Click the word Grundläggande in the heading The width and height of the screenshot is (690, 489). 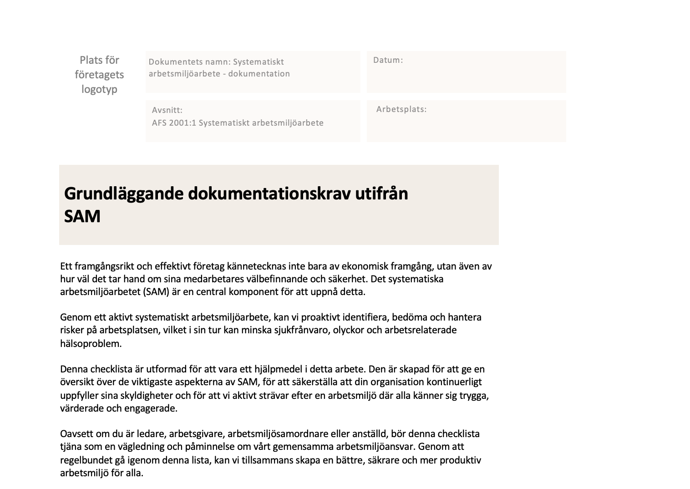tap(124, 194)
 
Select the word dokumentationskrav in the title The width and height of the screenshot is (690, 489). tap(269, 194)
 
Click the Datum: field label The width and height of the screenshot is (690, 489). tap(388, 60)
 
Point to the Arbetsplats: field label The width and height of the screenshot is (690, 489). tap(401, 109)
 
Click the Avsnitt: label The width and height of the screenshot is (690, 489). tap(167, 110)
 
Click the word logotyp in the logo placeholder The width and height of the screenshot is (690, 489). tap(99, 89)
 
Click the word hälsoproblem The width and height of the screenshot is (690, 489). tap(91, 344)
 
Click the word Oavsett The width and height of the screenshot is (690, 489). tap(76, 434)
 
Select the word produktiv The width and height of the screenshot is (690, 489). tap(461, 460)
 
